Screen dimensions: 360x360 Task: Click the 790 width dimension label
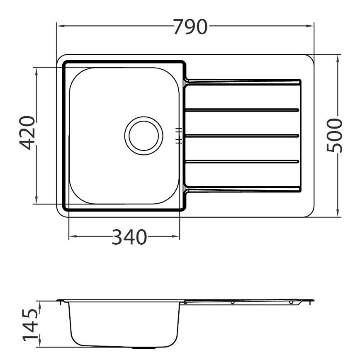[x=190, y=27]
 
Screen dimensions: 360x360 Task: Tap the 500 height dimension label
[x=334, y=136]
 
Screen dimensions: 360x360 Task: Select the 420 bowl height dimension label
[x=27, y=133]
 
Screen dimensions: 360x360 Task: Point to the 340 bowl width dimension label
[x=129, y=237]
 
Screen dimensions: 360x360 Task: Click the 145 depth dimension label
[x=30, y=325]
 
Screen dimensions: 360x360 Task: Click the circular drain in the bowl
[x=144, y=136]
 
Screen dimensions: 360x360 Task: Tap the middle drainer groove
[x=242, y=136]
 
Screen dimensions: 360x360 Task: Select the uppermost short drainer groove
[x=242, y=110]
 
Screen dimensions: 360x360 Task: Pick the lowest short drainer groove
[x=242, y=161]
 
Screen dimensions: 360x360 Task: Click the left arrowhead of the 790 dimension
[x=60, y=26]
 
